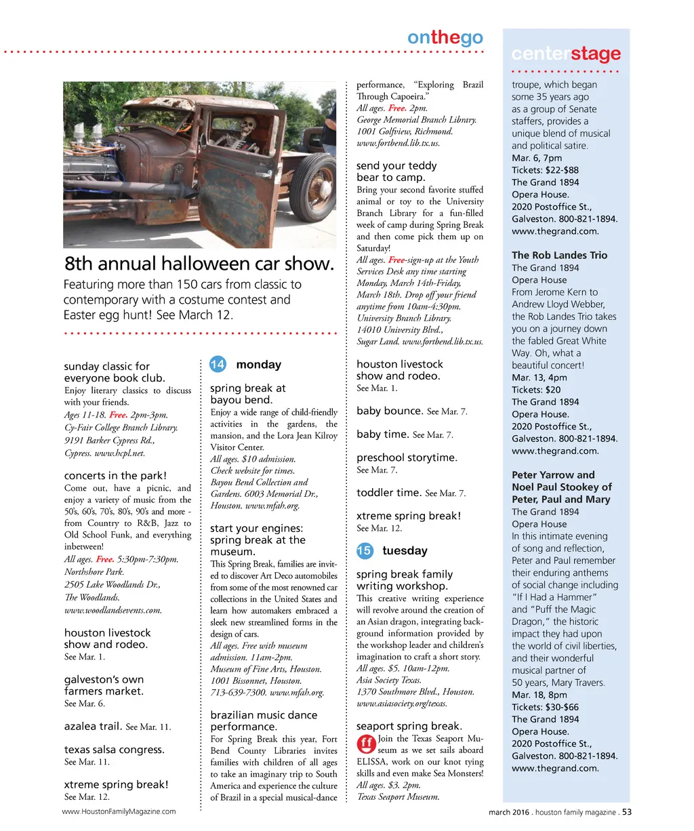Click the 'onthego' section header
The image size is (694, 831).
(x=445, y=38)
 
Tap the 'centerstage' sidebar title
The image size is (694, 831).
(x=565, y=54)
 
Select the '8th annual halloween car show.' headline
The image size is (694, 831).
(x=199, y=264)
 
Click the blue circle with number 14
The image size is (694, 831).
(x=218, y=365)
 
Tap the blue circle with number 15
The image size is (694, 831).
(x=364, y=550)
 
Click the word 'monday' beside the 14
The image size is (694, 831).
(x=258, y=365)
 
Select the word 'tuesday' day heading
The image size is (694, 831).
(x=405, y=550)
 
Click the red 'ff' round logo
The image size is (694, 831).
(x=366, y=744)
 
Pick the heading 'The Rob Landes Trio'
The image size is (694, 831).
(x=559, y=256)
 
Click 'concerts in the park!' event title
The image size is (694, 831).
(x=115, y=476)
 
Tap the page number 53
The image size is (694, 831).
(x=627, y=812)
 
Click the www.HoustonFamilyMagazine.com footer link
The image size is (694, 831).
(x=119, y=811)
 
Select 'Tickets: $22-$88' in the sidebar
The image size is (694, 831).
(x=545, y=170)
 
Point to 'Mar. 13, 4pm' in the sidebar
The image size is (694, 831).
(x=539, y=378)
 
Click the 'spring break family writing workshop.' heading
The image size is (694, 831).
(x=404, y=580)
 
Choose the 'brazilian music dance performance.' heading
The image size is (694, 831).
(x=264, y=721)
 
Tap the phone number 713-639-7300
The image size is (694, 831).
(x=238, y=693)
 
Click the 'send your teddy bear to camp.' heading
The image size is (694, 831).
(x=396, y=171)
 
